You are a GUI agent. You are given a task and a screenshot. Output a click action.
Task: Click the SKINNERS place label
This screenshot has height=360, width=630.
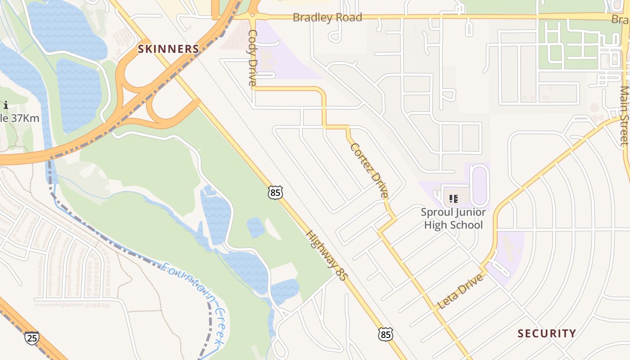point(168,49)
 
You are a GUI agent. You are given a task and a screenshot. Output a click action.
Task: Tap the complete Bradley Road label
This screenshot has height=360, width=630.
point(327,18)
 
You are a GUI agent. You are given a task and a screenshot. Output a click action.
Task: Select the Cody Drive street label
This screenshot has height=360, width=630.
point(252,58)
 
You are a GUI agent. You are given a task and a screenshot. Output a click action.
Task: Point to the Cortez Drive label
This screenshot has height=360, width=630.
point(369,170)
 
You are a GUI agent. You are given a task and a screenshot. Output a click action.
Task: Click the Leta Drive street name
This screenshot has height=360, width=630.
point(460,291)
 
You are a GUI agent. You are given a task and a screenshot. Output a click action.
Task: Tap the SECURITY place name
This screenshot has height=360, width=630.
point(546,333)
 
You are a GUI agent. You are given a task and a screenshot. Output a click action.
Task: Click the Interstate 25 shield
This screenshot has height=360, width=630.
point(32,337)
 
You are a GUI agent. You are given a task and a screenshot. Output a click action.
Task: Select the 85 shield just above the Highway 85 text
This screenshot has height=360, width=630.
point(275,192)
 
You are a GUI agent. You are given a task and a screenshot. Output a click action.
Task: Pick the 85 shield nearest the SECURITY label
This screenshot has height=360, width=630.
point(385,334)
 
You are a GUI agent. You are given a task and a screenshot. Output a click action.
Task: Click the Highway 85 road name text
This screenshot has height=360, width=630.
point(327,256)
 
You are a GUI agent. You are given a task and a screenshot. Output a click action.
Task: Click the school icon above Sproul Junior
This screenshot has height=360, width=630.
point(453,198)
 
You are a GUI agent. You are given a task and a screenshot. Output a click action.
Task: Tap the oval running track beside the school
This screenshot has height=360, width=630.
point(479,185)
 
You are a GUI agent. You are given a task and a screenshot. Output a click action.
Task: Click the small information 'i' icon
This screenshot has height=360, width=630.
point(5,105)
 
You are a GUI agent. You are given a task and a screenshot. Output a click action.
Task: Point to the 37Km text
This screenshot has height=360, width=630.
point(25,119)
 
